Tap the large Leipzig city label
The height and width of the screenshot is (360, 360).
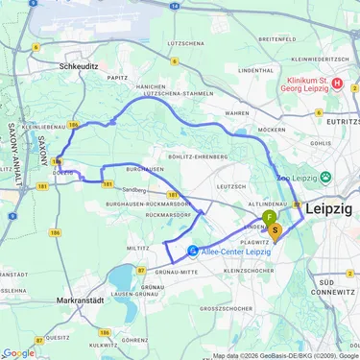328,208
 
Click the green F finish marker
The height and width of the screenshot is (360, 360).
269,218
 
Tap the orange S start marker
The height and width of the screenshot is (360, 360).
276,228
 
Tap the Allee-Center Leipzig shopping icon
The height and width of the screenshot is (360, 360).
193,251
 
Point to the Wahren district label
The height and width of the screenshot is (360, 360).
239,112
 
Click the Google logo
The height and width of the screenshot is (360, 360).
18,352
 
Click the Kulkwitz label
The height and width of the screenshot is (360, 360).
103,344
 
